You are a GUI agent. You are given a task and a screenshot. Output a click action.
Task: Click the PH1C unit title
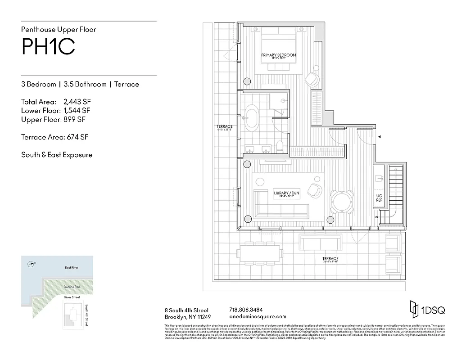48,47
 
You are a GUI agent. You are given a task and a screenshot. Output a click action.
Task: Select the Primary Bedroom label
279,55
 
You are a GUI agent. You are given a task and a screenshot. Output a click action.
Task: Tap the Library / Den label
286,193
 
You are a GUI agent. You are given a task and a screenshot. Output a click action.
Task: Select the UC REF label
379,198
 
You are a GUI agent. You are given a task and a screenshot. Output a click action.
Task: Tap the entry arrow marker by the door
380,137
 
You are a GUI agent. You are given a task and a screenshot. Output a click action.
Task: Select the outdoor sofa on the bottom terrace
320,243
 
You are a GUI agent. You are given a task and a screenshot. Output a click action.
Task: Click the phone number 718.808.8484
246,310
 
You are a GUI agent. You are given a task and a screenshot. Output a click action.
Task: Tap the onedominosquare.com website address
258,317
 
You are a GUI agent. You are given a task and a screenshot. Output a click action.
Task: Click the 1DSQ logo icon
413,309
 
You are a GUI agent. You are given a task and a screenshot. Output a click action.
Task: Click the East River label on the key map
71,268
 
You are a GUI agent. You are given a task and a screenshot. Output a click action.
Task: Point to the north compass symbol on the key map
30,264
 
